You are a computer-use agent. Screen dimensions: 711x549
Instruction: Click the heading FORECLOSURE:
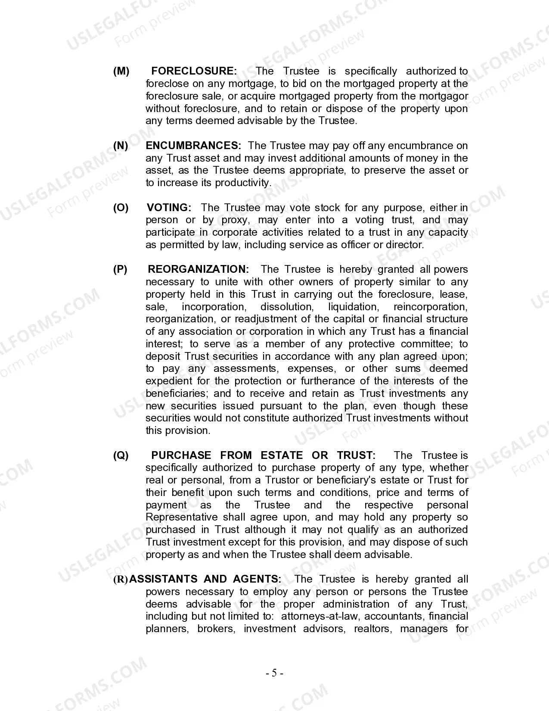click(194, 71)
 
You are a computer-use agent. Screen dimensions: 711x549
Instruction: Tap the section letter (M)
click(121, 71)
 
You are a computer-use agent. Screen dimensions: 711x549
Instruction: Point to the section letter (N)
click(121, 146)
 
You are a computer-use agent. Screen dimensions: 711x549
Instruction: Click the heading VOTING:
click(169, 208)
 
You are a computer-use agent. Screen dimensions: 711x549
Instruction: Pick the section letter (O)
click(121, 208)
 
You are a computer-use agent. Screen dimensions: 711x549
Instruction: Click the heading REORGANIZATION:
click(199, 269)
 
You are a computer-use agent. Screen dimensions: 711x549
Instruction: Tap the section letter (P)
click(121, 269)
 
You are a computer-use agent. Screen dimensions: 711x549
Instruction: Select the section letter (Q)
click(121, 455)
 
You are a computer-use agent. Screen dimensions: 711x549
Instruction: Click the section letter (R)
click(121, 580)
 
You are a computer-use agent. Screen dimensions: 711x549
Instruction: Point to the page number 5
click(274, 673)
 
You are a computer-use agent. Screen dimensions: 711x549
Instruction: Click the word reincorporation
click(431, 307)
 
